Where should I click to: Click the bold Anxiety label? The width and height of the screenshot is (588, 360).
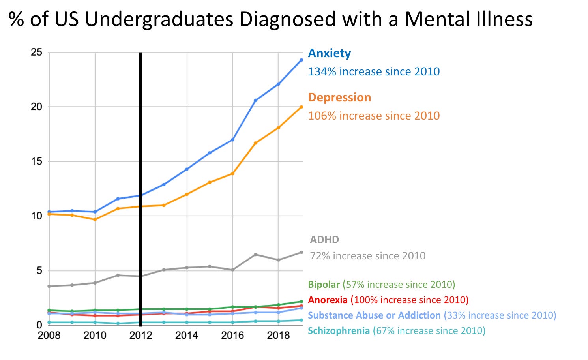tap(329, 53)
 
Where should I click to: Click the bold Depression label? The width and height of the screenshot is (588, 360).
tap(339, 97)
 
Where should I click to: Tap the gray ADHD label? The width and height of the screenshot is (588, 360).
tap(324, 240)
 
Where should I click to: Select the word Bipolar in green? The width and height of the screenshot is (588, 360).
tap(324, 285)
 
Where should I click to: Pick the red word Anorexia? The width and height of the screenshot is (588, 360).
tap(328, 300)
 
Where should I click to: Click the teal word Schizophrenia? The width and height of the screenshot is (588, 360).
tap(339, 331)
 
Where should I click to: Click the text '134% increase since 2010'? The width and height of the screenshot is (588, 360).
tap(374, 72)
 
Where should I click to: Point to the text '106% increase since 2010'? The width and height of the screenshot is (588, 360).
tap(374, 116)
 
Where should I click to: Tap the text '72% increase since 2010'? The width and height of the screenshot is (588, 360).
tap(368, 256)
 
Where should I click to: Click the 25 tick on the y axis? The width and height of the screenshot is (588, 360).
tap(36, 52)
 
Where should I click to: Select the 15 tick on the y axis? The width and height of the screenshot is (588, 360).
tap(36, 161)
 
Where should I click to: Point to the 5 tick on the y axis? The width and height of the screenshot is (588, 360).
tap(39, 271)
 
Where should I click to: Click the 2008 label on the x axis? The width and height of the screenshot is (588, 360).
tap(49, 336)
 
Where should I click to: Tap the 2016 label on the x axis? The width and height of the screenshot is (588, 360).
tap(232, 336)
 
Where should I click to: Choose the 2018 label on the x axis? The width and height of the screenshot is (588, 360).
tap(278, 336)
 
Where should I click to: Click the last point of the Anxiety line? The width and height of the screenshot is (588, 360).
tap(301, 60)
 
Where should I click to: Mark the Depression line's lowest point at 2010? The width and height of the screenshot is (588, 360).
tap(95, 219)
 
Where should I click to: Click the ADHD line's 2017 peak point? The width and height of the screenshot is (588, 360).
tap(256, 255)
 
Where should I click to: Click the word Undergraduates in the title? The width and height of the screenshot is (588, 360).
tap(159, 19)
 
